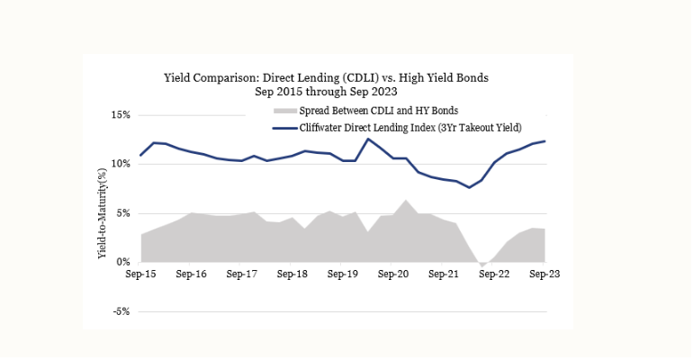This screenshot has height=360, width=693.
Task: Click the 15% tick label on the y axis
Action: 121,115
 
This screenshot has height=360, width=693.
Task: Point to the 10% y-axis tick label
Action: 121,164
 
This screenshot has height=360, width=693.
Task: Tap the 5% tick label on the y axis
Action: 123,213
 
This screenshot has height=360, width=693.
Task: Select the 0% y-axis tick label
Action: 123,262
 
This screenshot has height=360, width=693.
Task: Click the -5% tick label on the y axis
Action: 121,311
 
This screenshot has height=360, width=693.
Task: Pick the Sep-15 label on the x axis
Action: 142,274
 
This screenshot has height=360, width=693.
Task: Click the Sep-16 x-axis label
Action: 193,274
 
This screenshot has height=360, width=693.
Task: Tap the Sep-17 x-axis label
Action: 243,274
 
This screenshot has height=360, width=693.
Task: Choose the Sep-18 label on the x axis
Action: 293,274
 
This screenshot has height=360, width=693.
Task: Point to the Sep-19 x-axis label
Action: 344,274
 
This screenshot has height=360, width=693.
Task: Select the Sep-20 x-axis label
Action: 394,274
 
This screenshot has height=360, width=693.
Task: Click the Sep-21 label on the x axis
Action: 445,274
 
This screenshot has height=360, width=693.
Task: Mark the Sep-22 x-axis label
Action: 495,274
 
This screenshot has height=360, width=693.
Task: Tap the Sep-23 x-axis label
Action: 544,274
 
